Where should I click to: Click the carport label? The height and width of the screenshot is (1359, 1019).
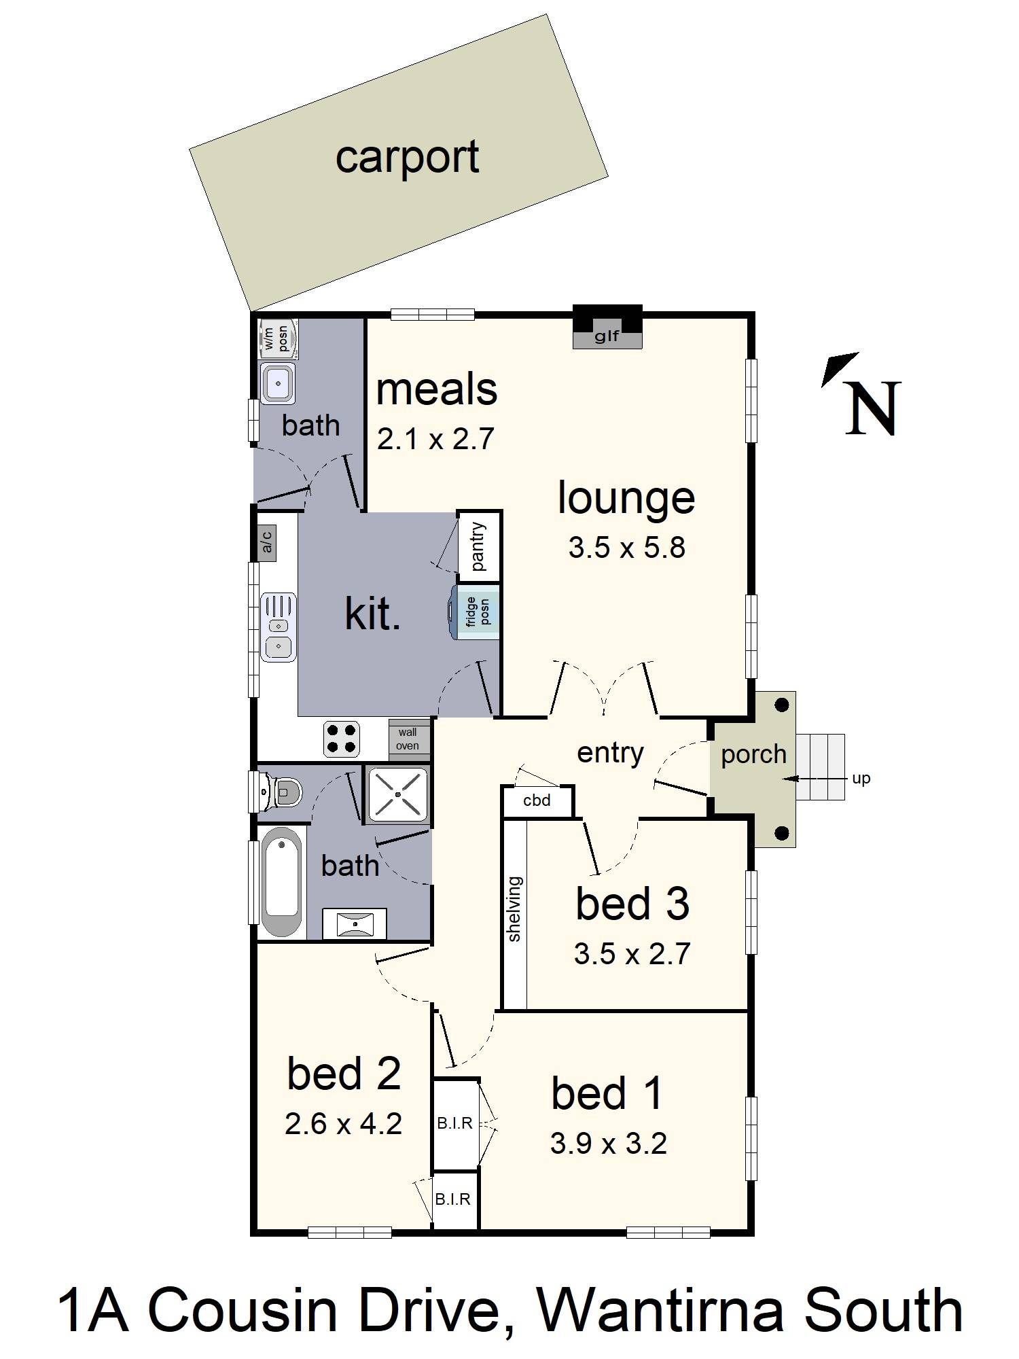(407, 158)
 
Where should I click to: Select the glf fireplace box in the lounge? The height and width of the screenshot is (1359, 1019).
(607, 328)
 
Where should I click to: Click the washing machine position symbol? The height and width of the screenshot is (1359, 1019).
(279, 338)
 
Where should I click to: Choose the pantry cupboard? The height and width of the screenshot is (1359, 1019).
(479, 546)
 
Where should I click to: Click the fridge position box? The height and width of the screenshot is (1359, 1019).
(478, 612)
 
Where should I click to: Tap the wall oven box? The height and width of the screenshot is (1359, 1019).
(409, 739)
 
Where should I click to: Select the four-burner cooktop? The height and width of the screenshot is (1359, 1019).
(341, 739)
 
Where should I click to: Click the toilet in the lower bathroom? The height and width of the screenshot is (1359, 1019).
(280, 792)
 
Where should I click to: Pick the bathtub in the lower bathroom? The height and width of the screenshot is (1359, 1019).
(282, 881)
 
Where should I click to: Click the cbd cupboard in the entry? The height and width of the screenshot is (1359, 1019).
(537, 801)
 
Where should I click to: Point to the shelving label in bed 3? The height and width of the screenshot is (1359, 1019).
(514, 909)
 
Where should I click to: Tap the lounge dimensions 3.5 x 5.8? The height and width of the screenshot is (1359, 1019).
(626, 548)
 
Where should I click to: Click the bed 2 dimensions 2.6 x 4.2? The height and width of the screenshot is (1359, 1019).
(343, 1124)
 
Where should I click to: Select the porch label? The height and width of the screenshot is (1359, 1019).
(753, 755)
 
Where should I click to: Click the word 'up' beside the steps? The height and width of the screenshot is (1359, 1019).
(861, 779)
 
